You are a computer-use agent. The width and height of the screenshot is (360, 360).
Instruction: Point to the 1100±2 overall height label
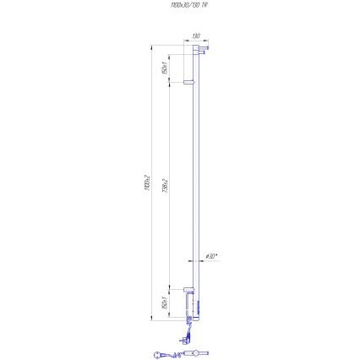click(x=147, y=182)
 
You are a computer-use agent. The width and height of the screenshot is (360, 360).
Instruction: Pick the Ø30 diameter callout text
click(x=213, y=255)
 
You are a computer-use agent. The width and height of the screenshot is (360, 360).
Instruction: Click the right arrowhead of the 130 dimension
click(x=207, y=41)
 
